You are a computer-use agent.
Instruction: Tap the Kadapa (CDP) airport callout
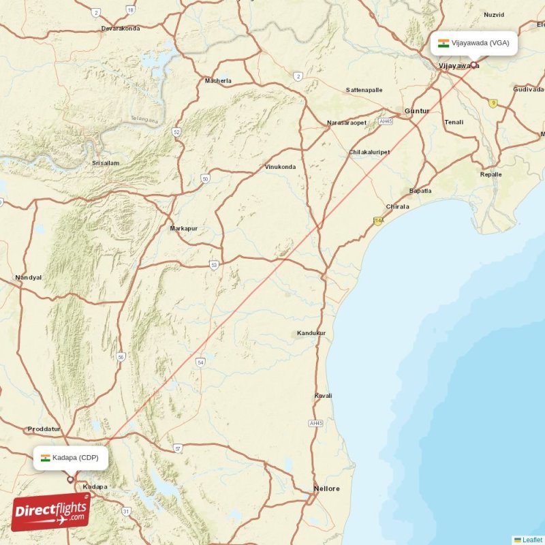pyautogui.click(x=71, y=458)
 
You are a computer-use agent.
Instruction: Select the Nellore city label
pyautogui.click(x=326, y=489)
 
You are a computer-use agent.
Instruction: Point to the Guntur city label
pyautogui.click(x=416, y=110)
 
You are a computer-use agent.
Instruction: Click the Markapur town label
pyautogui.click(x=184, y=228)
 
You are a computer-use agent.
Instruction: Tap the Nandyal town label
pyautogui.click(x=28, y=278)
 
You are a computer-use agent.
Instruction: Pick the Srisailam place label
pyautogui.click(x=106, y=163)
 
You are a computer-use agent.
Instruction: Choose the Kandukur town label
pyautogui.click(x=311, y=333)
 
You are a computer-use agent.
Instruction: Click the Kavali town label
pyautogui.click(x=323, y=396)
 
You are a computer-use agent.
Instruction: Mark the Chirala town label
pyautogui.click(x=397, y=206)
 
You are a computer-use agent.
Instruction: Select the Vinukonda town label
pyautogui.click(x=281, y=167)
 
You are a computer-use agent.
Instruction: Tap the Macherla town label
pyautogui.click(x=218, y=81)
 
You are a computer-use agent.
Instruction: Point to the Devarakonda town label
pyautogui.click(x=120, y=29)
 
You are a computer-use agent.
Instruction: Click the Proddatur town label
pyautogui.click(x=44, y=429)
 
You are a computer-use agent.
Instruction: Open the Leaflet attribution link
pyautogui.click(x=532, y=540)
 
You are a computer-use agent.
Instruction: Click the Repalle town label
pyautogui.click(x=490, y=174)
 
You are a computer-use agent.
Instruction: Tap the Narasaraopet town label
pyautogui.click(x=347, y=123)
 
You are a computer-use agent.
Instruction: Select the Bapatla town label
pyautogui.click(x=420, y=191)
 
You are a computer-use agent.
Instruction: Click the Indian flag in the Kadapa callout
pyautogui.click(x=46, y=458)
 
